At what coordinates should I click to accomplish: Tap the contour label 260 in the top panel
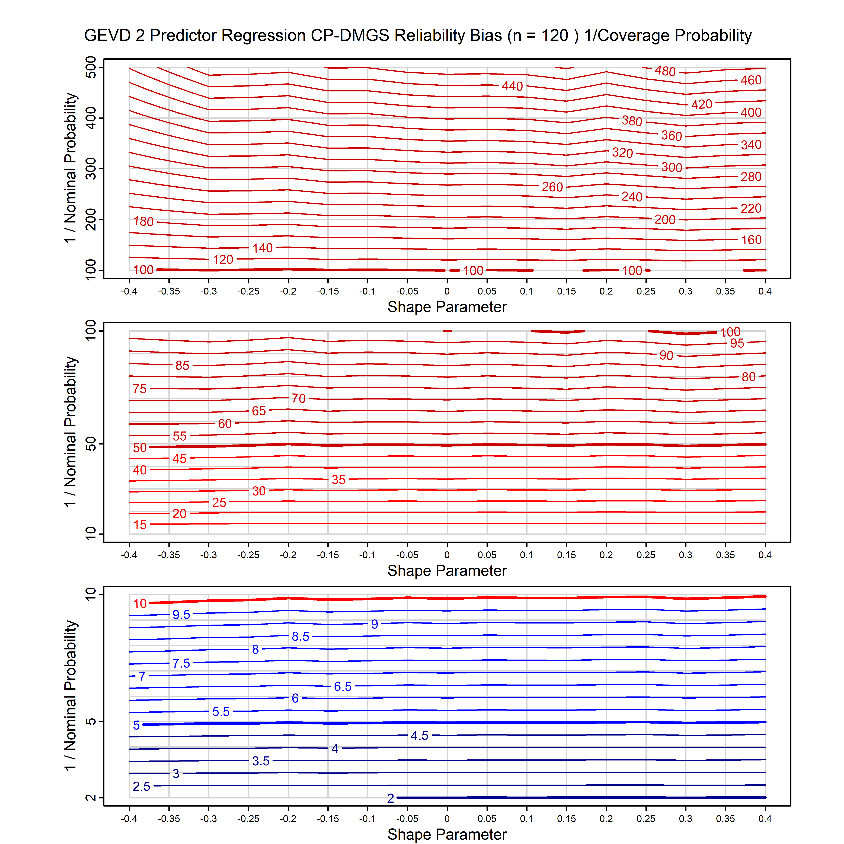click(552, 187)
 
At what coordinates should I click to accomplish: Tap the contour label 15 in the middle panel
click(140, 525)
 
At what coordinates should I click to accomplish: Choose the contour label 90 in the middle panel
click(666, 355)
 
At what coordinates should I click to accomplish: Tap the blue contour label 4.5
click(419, 736)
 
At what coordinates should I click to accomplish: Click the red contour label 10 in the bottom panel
click(140, 604)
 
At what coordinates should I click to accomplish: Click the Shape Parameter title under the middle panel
click(447, 571)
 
